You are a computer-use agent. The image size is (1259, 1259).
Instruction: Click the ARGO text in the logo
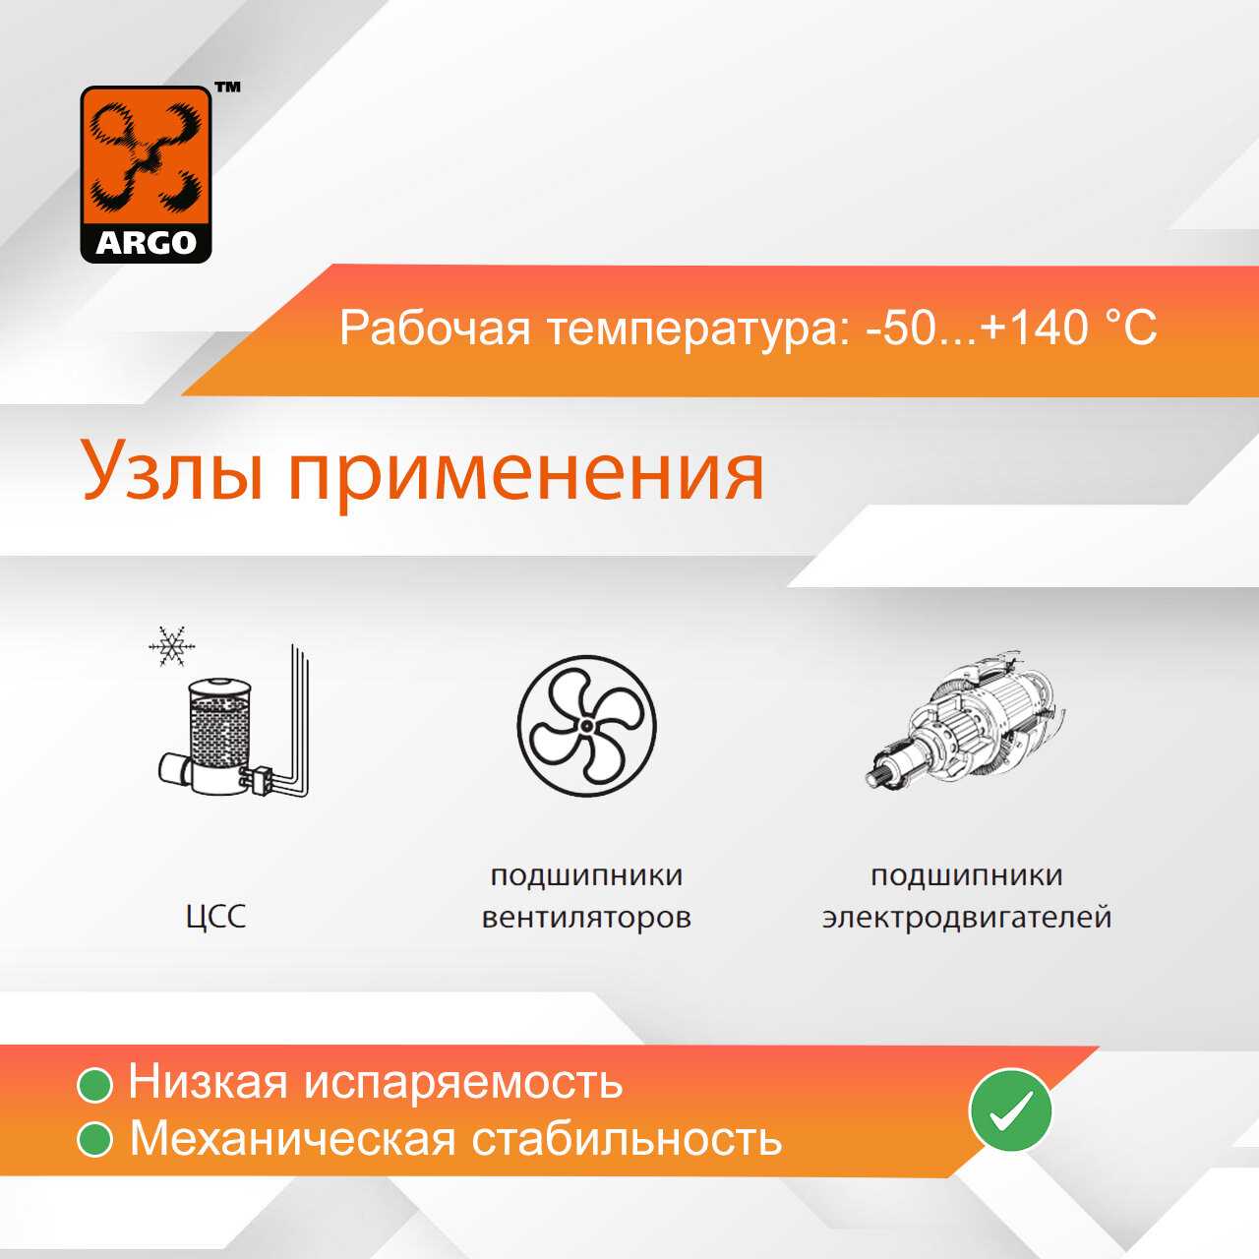tap(146, 242)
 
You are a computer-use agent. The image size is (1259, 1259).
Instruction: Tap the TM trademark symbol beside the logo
tap(227, 87)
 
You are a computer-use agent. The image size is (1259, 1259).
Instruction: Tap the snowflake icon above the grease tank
tap(172, 647)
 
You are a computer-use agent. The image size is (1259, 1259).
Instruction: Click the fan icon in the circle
tap(586, 725)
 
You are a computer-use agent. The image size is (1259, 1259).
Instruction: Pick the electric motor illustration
tap(966, 720)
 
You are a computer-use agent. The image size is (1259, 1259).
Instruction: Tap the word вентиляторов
tap(586, 918)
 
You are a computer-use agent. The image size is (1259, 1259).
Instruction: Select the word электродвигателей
tap(966, 918)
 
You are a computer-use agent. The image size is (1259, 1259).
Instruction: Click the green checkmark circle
tap(1010, 1110)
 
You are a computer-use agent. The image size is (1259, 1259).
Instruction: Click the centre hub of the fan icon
tap(586, 725)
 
